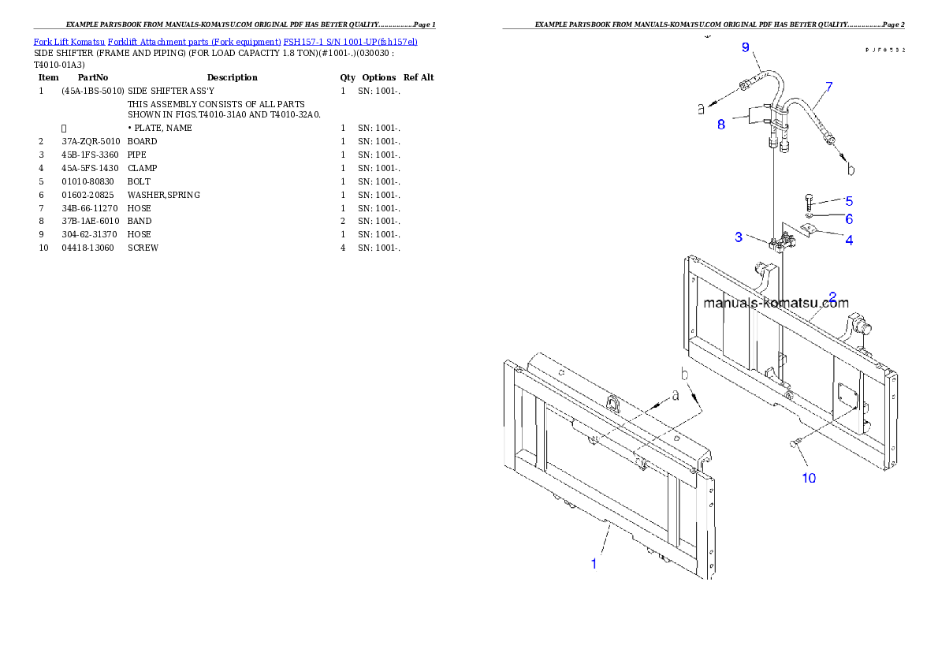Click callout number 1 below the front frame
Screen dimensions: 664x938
594,564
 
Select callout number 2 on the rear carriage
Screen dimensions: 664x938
832,297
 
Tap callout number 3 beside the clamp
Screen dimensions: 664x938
739,237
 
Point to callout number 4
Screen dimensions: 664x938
849,241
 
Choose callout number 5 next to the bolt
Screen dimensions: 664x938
849,201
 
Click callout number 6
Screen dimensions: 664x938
849,219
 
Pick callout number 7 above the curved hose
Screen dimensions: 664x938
829,86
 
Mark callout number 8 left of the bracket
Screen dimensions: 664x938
721,125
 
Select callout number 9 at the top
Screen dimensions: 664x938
746,47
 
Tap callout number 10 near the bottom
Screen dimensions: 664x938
809,478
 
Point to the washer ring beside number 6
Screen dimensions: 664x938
810,214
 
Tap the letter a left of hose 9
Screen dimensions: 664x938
701,109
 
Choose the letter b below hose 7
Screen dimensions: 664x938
851,170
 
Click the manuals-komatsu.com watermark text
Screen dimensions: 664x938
776,303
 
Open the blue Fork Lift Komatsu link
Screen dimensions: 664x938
225,41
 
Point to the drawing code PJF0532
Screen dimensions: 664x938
884,50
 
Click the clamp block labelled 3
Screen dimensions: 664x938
778,244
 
